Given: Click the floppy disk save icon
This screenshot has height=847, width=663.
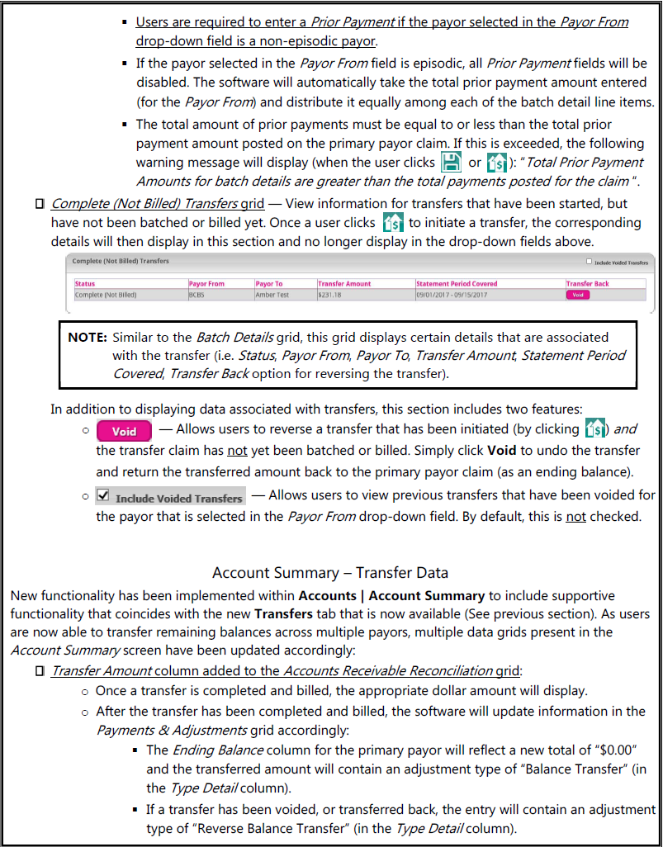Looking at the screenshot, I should [x=451, y=162].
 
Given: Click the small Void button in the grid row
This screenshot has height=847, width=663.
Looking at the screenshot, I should [x=578, y=295].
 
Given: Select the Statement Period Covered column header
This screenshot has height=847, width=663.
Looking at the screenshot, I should [x=457, y=284].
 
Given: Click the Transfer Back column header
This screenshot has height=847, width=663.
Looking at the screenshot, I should [x=585, y=284].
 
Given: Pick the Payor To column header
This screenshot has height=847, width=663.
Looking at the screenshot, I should [x=268, y=284].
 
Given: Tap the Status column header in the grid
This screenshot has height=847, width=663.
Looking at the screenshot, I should [x=85, y=284].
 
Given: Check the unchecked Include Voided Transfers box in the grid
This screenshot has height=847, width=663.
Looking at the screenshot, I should [x=589, y=262].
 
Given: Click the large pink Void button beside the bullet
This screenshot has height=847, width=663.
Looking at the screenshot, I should [x=124, y=431].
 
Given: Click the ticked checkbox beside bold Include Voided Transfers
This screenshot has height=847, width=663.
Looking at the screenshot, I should [x=102, y=496].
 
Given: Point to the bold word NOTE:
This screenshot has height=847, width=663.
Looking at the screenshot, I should [x=88, y=338].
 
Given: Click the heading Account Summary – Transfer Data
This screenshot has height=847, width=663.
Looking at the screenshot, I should [x=331, y=573].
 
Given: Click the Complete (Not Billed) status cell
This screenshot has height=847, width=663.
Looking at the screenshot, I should [x=106, y=295].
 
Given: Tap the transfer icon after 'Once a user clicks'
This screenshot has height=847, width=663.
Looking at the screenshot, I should [x=394, y=223].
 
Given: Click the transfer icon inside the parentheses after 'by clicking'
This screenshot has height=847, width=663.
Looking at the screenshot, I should [x=594, y=429].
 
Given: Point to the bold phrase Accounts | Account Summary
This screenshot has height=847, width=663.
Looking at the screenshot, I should [x=392, y=595].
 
